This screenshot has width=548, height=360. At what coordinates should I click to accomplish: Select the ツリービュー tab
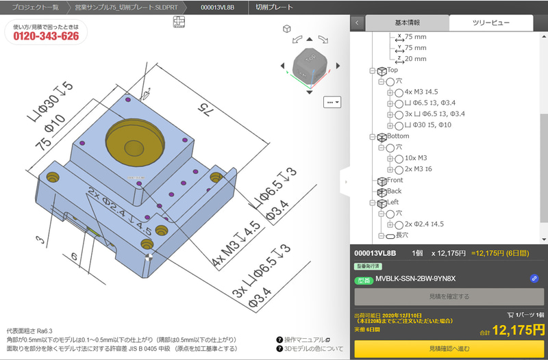coord(490,23)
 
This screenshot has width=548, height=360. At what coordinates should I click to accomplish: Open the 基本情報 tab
coord(407,23)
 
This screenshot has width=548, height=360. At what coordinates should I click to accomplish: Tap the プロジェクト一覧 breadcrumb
coord(36,8)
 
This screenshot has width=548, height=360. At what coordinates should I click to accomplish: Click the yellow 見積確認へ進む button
coord(450,349)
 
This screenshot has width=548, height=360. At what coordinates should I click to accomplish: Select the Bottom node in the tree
coord(398,136)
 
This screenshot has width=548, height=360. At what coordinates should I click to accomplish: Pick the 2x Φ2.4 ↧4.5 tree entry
coord(424,224)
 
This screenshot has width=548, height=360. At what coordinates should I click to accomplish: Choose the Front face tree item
coord(395,180)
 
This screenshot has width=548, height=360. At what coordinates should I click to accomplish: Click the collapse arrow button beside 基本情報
coord(357,23)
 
